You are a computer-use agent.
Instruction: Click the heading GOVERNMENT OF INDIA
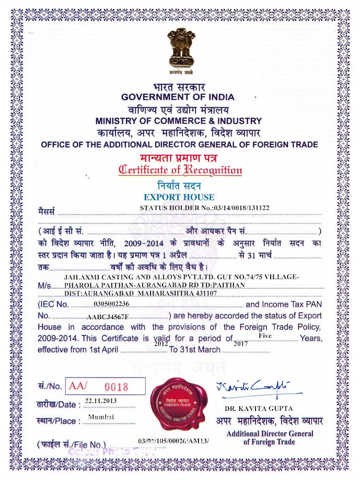point(178,97)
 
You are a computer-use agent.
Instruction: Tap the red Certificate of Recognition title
point(180,169)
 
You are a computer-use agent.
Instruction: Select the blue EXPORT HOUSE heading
point(179,197)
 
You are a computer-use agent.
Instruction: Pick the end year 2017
point(240,344)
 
